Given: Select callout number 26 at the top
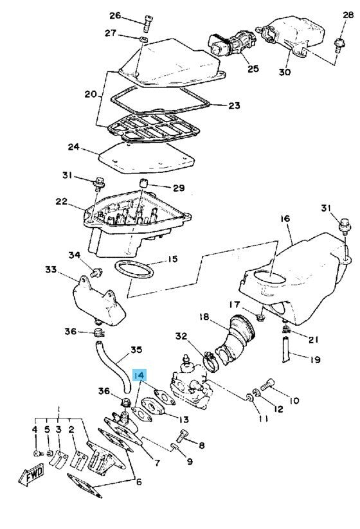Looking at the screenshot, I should [114, 15].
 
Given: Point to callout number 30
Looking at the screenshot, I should [284, 71].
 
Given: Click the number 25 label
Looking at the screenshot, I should [252, 68].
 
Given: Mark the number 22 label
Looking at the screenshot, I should [61, 201].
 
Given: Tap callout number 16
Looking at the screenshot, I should [285, 219].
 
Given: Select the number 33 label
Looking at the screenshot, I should [51, 270].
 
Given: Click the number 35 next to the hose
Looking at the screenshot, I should [136, 350].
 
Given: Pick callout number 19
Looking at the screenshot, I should [314, 361].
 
